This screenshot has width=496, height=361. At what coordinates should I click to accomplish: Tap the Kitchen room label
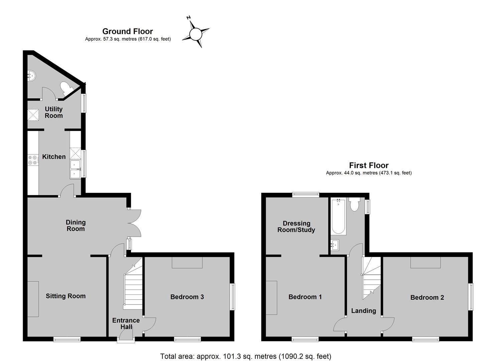pyautogui.click(x=54, y=157)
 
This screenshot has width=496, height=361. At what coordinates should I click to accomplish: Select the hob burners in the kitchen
pyautogui.click(x=32, y=160)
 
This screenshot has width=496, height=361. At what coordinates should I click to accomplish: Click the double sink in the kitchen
pyautogui.click(x=75, y=169)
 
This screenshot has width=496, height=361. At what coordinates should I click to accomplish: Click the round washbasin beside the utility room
pyautogui.click(x=31, y=76)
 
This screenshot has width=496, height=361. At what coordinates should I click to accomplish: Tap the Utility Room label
pyautogui.click(x=54, y=112)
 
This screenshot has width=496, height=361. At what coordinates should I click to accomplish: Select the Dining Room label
pyautogui.click(x=76, y=225)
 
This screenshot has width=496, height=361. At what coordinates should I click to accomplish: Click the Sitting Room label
pyautogui.click(x=65, y=296)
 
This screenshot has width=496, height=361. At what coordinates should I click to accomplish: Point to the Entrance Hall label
pyautogui.click(x=126, y=323)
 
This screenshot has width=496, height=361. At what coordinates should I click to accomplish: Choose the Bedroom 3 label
pyautogui.click(x=187, y=297)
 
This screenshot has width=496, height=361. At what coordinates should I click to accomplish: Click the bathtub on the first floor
pyautogui.click(x=338, y=217)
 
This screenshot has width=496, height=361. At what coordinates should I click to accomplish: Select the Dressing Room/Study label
pyautogui.click(x=296, y=227)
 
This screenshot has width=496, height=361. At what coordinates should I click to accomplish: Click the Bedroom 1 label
pyautogui.click(x=305, y=297)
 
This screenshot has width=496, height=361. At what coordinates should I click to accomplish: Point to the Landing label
pyautogui.click(x=364, y=311)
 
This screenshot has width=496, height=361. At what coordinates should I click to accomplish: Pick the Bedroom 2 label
pyautogui.click(x=427, y=297)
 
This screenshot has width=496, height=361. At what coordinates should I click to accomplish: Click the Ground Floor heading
pyautogui.click(x=128, y=31)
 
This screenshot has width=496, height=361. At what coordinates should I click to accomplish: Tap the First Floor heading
pyautogui.click(x=369, y=165)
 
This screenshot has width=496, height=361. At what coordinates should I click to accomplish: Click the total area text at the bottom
pyautogui.click(x=246, y=356)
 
